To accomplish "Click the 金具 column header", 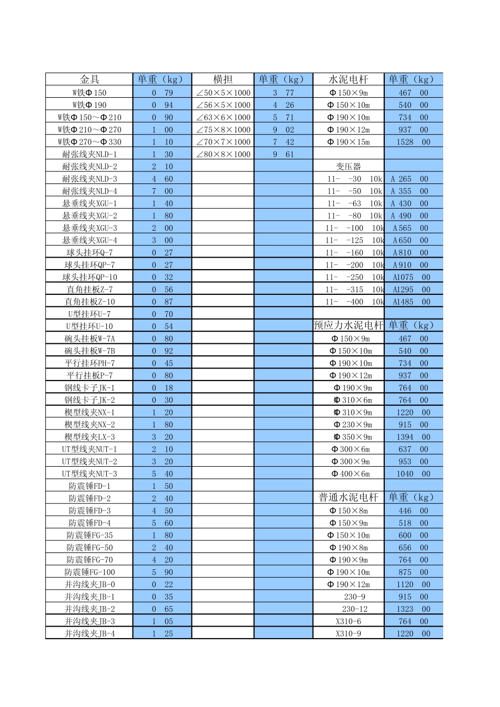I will (x=89, y=79).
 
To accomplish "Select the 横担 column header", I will (x=223, y=79).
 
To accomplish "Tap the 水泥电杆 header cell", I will (x=348, y=79).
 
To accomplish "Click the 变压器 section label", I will (x=348, y=167).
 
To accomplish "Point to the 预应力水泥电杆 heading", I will (x=348, y=325).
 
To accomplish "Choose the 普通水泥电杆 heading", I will (x=348, y=497).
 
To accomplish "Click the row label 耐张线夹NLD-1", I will (x=89, y=155).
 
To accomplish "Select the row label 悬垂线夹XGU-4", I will (x=89, y=240).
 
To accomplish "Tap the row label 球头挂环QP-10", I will (x=89, y=277).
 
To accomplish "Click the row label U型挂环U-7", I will (x=89, y=314).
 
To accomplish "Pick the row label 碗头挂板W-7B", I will (x=89, y=351).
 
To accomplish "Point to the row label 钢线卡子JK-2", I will (x=89, y=400).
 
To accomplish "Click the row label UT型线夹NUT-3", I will (x=89, y=474).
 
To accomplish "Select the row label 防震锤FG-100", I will (x=89, y=572).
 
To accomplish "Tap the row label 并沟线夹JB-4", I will (x=89, y=633).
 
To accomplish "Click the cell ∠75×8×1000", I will (x=223, y=130).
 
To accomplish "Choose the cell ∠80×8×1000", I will (x=223, y=155).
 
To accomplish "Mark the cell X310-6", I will (x=348, y=621).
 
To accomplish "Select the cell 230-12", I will (x=354, y=609).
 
